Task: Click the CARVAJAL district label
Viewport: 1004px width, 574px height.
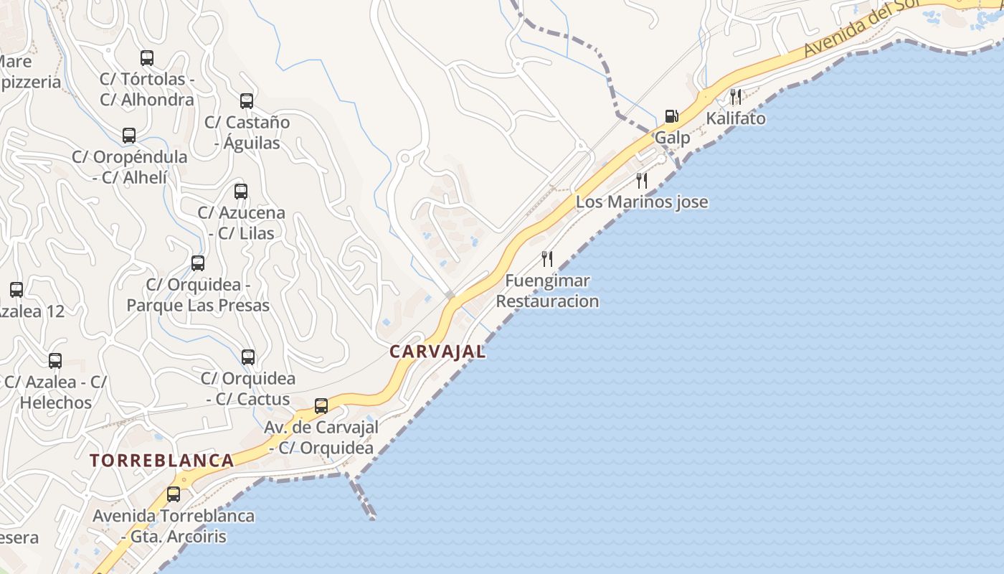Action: (437, 352)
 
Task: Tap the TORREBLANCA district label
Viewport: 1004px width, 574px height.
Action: (162, 461)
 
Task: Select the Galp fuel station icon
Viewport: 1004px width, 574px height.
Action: (672, 116)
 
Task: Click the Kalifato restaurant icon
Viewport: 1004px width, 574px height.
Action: (736, 97)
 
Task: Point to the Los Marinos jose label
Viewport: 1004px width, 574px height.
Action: (642, 202)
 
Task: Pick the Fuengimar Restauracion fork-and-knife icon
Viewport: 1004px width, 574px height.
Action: (547, 258)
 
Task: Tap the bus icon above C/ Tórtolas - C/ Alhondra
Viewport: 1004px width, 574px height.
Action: (147, 58)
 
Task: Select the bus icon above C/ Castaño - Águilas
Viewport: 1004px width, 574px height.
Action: (247, 101)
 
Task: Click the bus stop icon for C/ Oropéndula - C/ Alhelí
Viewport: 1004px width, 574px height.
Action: (129, 136)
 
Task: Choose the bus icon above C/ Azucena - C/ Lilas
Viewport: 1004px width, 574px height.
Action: (241, 192)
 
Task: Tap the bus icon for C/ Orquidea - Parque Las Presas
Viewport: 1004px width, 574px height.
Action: (198, 263)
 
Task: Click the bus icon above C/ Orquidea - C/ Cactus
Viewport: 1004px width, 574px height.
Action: (248, 357)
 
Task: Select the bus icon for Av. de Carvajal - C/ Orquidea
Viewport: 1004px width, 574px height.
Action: (321, 406)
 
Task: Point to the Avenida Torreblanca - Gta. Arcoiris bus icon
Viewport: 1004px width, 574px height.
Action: (174, 494)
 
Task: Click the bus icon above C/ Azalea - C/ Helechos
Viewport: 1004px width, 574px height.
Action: (55, 361)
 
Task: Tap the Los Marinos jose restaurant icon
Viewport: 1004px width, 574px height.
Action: (642, 181)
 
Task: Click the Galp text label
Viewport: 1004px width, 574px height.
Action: (672, 138)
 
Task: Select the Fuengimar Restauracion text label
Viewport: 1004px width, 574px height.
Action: (548, 291)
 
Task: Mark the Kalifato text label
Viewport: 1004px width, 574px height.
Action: (736, 118)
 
